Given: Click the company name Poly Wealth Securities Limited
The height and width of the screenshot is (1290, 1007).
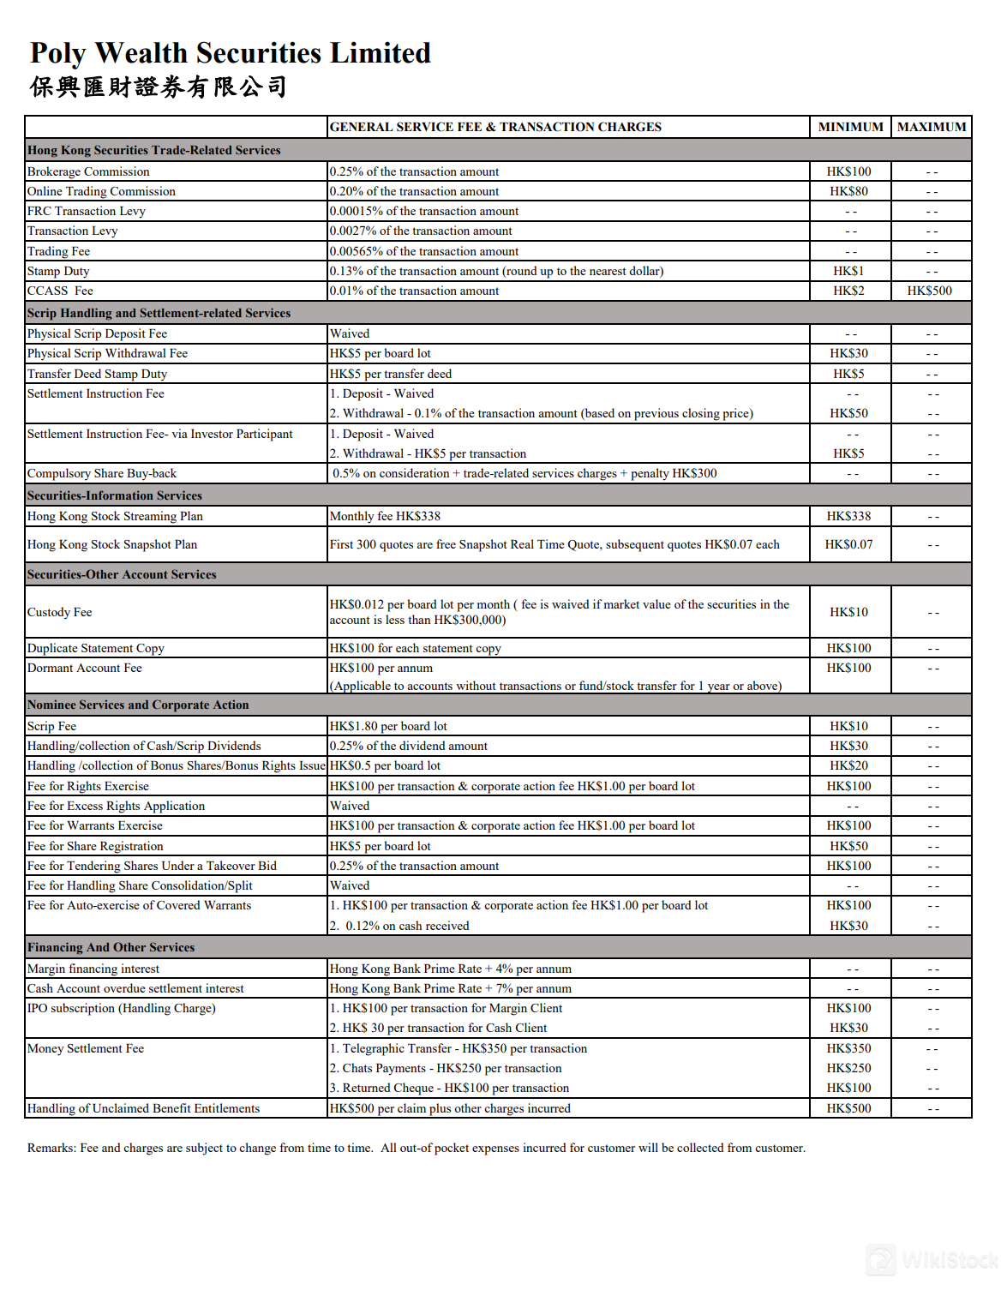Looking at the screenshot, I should [x=230, y=53].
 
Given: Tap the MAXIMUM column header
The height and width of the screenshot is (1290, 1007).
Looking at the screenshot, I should [x=931, y=127].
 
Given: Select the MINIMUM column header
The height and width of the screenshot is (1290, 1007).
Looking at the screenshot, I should [x=850, y=127].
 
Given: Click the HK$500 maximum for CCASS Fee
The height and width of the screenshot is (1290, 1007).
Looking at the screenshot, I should [x=930, y=291].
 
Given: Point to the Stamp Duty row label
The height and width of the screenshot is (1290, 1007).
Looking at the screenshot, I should [x=58, y=271].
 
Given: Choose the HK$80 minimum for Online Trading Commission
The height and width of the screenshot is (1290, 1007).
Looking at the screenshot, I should [x=848, y=191].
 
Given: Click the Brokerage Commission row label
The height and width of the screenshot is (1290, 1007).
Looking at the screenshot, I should [x=88, y=171].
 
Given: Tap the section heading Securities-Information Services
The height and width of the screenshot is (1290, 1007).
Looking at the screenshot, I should [x=115, y=495].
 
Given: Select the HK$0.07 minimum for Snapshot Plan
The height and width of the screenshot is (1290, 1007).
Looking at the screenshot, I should [x=848, y=544].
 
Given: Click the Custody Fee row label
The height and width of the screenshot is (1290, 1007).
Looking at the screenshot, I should [x=59, y=612].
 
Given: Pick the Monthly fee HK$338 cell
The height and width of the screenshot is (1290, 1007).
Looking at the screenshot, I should [x=385, y=516].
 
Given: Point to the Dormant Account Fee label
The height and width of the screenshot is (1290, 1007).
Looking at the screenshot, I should [x=85, y=668].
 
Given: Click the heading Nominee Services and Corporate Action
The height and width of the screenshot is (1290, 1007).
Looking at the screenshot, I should [x=138, y=705].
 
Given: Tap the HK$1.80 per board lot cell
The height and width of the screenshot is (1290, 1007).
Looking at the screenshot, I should [x=388, y=726].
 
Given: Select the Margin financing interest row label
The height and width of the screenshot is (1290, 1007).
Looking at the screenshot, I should [x=93, y=969].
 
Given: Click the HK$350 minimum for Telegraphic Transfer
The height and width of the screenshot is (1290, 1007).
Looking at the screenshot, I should [x=848, y=1048].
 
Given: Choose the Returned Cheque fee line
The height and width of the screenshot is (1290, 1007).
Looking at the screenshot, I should [x=449, y=1088].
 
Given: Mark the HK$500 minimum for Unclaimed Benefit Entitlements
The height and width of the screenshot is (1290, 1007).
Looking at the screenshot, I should [x=848, y=1108].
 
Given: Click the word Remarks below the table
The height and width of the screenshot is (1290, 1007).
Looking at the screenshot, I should [x=51, y=1148].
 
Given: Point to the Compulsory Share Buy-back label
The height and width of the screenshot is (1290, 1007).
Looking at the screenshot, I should [x=102, y=473].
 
